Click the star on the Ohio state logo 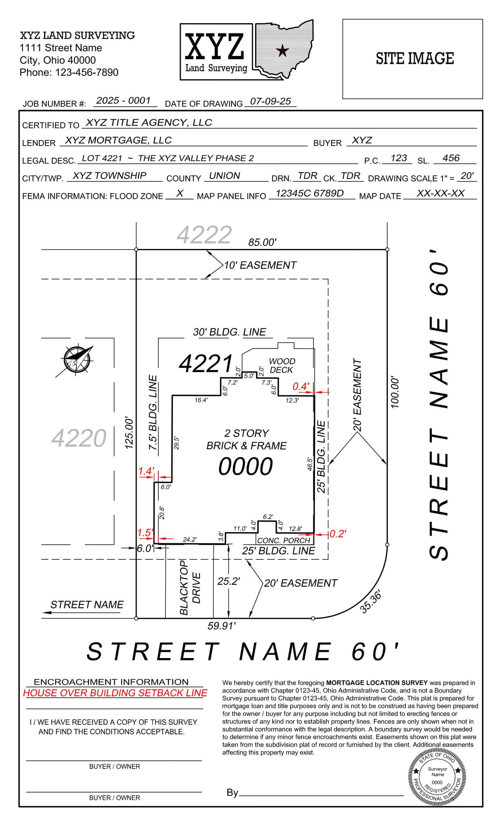coord(282,50)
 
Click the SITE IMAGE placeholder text coord(415,59)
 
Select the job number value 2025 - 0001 coord(124,101)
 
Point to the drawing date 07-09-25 coord(270,101)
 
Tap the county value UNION coord(224,176)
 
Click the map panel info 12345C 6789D coord(309,193)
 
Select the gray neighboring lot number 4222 coord(204,235)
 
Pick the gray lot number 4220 coord(79,438)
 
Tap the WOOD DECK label coord(282,365)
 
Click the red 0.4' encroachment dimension coord(301,386)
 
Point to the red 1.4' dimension coord(146,471)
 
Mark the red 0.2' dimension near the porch coord(337,533)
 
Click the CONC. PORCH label coord(284,540)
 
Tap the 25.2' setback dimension coord(229,581)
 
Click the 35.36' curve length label coord(370,602)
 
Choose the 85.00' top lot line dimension coord(262,242)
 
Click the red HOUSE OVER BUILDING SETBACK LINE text coord(115,704)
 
